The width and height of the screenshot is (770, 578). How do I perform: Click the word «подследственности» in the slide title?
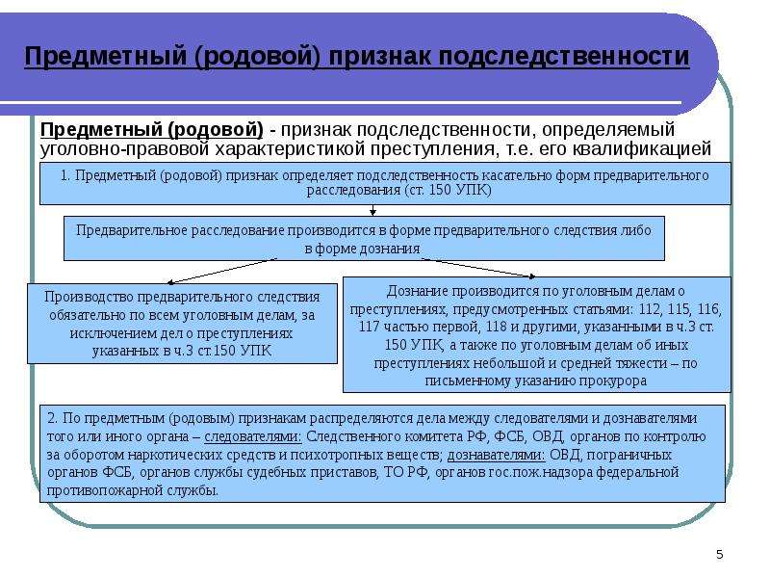[x=563, y=57]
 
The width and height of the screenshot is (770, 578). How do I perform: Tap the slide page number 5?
[x=719, y=555]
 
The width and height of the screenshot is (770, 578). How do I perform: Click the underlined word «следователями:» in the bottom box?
[x=252, y=437]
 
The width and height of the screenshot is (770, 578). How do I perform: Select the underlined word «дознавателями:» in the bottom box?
[x=496, y=455]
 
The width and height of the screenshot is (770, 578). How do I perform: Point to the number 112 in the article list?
[x=649, y=309]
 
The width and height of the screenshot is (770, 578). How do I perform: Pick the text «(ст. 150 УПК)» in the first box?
[x=448, y=190]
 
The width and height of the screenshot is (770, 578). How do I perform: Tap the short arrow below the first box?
[x=372, y=210]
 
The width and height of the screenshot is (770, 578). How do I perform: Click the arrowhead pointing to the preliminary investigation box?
[x=170, y=282]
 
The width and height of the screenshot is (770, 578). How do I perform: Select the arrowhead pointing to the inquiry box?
[x=532, y=276]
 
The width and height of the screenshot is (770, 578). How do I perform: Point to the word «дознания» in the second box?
[x=392, y=250]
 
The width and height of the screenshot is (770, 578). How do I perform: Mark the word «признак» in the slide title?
[x=379, y=57]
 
